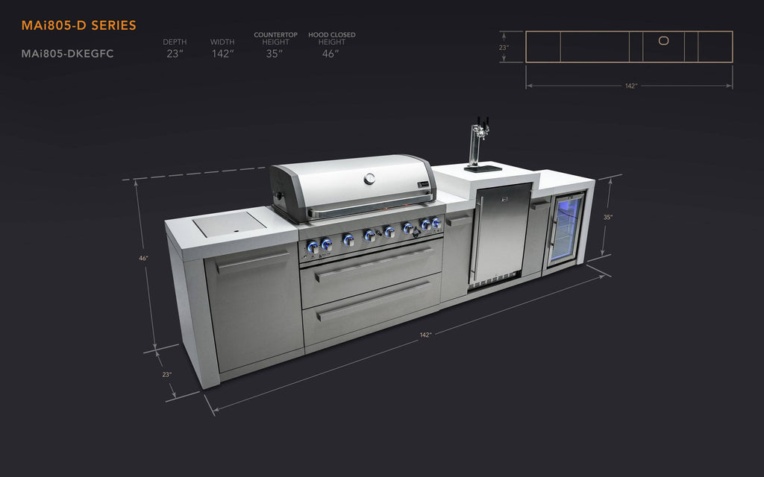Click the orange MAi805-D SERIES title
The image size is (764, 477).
pyautogui.click(x=78, y=25)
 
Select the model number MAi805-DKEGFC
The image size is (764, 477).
pyautogui.click(x=67, y=54)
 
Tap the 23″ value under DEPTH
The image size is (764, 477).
pyautogui.click(x=175, y=54)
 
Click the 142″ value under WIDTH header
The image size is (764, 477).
pyautogui.click(x=222, y=54)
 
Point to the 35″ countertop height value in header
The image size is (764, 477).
pyautogui.click(x=275, y=54)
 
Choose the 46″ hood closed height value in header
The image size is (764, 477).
pyautogui.click(x=331, y=54)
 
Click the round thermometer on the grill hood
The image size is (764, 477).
pyautogui.click(x=371, y=178)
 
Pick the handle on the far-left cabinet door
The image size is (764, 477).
pyautogui.click(x=253, y=263)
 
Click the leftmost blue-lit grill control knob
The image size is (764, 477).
pyautogui.click(x=313, y=246)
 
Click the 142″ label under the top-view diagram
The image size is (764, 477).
pyautogui.click(x=630, y=86)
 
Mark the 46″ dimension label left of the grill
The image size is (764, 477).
pyautogui.click(x=143, y=258)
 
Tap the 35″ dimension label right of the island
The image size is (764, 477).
pyautogui.click(x=608, y=218)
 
